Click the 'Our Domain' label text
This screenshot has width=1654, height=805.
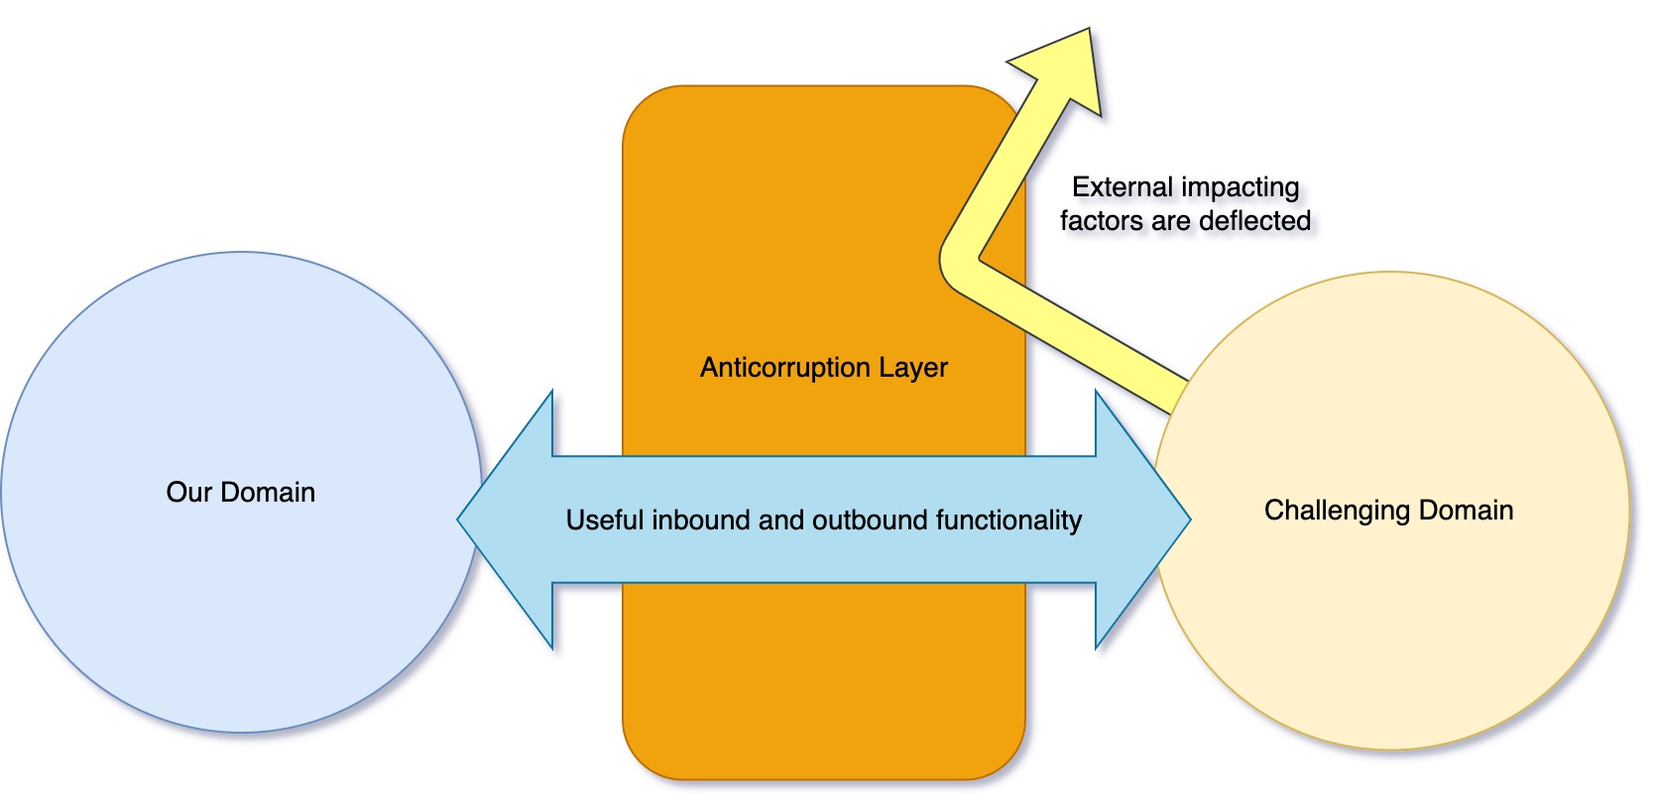coord(241,493)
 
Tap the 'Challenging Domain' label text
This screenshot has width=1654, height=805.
coord(1388,511)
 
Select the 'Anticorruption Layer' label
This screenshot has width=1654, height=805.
coord(823,368)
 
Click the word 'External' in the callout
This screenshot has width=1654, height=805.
coord(1122,187)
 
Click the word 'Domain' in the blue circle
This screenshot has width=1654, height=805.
coord(268,493)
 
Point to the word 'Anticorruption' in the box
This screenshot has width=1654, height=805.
coord(783,368)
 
